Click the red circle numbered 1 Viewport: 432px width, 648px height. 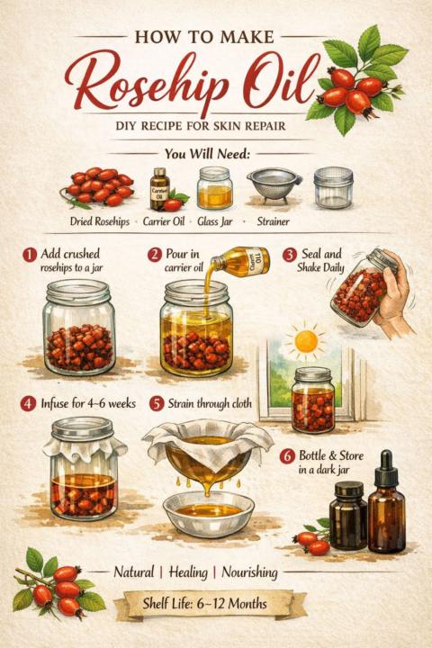(30, 255)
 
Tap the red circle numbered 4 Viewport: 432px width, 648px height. (28, 403)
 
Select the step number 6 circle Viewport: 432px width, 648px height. (287, 456)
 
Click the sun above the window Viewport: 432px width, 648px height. (306, 341)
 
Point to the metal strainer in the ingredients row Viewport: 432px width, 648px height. (274, 185)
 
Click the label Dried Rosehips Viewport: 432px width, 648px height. (100, 221)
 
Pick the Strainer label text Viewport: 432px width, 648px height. (273, 221)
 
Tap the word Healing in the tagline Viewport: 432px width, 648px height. (188, 572)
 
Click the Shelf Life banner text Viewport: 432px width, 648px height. (204, 604)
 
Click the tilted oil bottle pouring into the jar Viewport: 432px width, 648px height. (240, 260)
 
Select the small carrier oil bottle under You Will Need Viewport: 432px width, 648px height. (160, 188)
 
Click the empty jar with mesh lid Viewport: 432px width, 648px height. (333, 187)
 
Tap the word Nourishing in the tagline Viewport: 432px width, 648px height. (249, 572)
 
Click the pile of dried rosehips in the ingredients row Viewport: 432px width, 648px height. (98, 187)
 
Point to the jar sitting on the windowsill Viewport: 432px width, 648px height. (313, 400)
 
